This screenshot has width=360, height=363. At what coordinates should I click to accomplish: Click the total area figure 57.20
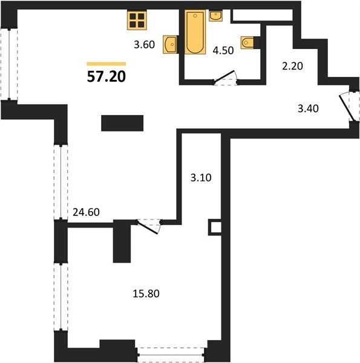(106, 76)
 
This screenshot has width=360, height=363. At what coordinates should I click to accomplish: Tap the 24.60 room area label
(86, 212)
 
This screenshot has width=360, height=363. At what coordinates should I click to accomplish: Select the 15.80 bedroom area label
(146, 293)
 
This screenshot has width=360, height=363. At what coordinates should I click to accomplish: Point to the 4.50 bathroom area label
(223, 50)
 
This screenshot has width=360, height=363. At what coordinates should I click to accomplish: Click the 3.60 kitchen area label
(144, 44)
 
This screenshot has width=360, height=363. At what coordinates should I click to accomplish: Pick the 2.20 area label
(292, 66)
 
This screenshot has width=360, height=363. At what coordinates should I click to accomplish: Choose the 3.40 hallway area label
(308, 108)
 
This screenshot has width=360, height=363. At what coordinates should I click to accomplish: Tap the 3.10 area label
(201, 178)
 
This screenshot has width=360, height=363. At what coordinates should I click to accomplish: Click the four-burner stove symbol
(137, 20)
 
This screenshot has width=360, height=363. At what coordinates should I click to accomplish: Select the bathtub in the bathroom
(195, 32)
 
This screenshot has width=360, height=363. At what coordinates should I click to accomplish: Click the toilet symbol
(247, 42)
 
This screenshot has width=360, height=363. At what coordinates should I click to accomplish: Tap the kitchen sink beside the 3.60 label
(170, 44)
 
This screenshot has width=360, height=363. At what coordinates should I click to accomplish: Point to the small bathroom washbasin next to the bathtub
(216, 16)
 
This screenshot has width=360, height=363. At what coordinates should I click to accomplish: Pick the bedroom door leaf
(148, 227)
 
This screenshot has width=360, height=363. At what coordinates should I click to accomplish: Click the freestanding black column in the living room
(122, 123)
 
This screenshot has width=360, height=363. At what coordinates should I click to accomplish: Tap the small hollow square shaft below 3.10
(215, 227)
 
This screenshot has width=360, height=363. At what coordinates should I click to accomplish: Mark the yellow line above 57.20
(106, 64)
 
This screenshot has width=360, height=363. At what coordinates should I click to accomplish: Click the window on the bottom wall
(171, 355)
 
